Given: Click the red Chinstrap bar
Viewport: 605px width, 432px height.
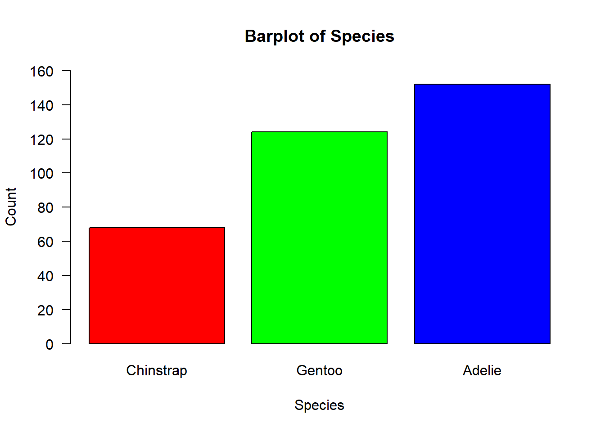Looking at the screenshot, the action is click(x=157, y=286).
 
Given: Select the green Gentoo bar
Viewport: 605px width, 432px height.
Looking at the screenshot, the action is click(x=319, y=238).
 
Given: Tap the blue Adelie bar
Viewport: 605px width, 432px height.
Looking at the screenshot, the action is click(x=482, y=214).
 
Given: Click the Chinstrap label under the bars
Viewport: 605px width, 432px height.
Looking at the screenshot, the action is click(x=157, y=371).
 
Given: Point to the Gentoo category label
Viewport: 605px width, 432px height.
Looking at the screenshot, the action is click(x=319, y=370).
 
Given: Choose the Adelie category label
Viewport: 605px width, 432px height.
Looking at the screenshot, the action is click(x=482, y=370).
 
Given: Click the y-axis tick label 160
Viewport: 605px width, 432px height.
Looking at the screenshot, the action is click(x=41, y=72).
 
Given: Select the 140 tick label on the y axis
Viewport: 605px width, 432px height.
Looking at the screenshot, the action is click(x=41, y=106).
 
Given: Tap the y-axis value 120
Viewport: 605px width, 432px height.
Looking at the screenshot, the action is click(x=41, y=140).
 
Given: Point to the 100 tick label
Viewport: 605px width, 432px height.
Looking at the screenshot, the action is click(x=41, y=174).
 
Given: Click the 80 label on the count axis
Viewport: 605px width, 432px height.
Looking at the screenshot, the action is click(x=45, y=208).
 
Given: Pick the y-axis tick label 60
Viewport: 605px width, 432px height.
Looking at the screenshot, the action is click(x=45, y=242).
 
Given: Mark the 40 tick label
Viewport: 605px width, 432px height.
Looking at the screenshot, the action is click(x=45, y=276).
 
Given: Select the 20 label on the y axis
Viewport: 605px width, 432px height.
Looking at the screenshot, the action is click(x=45, y=310).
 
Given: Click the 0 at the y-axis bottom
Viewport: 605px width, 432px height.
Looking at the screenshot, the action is click(x=50, y=345).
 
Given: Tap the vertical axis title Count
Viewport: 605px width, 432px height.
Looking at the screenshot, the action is click(x=11, y=207).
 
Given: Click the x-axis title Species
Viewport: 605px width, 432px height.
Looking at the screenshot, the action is click(x=319, y=405).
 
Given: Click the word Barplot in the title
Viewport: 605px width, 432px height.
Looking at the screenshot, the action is click(x=275, y=36).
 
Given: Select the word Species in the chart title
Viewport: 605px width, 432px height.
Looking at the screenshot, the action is click(x=362, y=36).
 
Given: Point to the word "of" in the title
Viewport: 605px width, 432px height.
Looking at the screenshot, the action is click(x=317, y=36).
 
